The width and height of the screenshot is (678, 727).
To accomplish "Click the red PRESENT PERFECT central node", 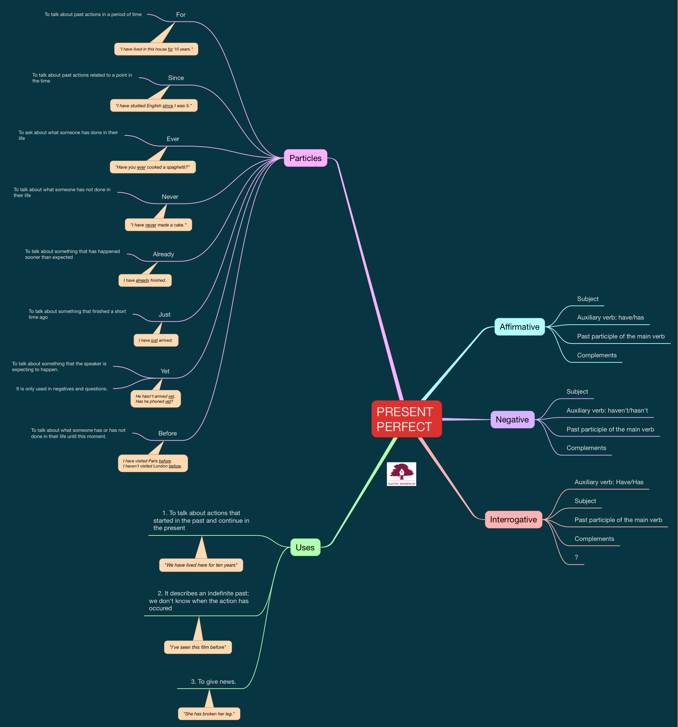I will click(x=406, y=419).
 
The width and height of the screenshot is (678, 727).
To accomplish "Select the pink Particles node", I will click(x=305, y=158).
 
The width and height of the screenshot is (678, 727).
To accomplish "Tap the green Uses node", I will click(x=305, y=547).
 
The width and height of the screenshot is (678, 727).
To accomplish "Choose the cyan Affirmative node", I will click(x=519, y=327).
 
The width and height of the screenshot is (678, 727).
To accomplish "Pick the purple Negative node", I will click(x=512, y=419).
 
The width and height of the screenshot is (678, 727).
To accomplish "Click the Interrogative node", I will click(x=513, y=520).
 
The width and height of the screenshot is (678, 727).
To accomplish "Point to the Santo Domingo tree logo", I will click(x=402, y=474).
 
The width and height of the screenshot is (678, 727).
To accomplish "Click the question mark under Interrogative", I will click(x=576, y=557).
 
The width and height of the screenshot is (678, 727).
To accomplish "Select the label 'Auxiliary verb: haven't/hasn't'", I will click(x=607, y=410).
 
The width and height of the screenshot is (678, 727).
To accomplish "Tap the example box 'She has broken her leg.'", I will click(x=209, y=714).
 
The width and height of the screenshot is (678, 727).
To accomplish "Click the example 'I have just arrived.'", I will click(x=156, y=340).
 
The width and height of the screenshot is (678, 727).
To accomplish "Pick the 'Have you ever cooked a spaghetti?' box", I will click(x=152, y=167).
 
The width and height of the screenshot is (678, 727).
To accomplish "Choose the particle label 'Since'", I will click(x=176, y=78).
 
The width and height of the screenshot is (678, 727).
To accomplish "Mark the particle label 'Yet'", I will click(x=165, y=371).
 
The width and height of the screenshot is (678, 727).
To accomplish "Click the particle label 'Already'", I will click(x=163, y=254).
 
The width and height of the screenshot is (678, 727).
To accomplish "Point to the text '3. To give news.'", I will click(x=213, y=682).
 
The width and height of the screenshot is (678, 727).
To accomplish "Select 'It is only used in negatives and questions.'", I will click(x=62, y=389).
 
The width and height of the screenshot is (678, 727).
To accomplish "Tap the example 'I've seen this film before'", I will click(x=198, y=647).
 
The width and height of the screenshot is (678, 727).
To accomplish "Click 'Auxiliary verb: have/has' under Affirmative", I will click(x=610, y=317).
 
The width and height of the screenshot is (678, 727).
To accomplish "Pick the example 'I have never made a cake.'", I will click(x=159, y=225).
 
